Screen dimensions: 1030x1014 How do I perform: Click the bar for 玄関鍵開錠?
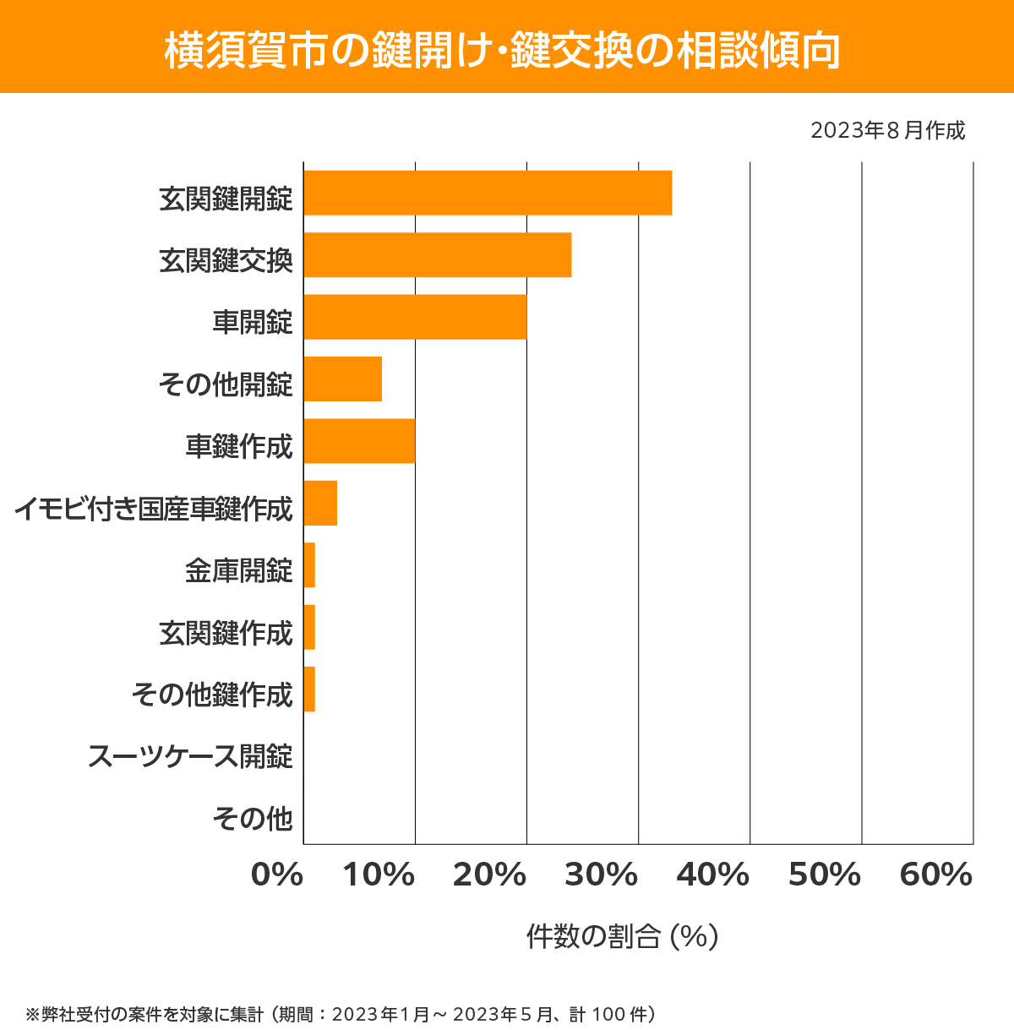488,193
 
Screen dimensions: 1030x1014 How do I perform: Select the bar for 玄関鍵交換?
438,254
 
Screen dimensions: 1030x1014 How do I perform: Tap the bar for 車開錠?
415,317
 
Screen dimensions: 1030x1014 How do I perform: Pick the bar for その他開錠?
342,379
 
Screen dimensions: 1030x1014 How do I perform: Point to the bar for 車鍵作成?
359,441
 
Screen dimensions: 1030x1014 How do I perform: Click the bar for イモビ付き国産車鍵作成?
320,503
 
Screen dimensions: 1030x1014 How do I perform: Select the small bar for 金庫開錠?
309,565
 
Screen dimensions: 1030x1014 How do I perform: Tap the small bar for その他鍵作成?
309,689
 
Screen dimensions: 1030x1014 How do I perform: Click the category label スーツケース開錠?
190,756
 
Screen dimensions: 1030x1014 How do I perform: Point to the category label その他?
253,818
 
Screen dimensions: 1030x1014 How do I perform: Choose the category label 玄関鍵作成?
226,633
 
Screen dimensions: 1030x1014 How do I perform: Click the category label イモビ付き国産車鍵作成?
154,509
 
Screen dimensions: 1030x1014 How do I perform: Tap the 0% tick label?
277,875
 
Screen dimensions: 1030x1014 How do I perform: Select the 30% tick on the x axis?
602,875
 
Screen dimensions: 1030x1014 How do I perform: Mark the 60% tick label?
936,875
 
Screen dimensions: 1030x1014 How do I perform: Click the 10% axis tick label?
379,875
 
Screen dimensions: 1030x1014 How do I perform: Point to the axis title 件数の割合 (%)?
622,936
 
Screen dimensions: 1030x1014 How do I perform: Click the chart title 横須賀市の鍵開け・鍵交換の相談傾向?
503,50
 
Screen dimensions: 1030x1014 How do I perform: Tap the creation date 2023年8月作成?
887,131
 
